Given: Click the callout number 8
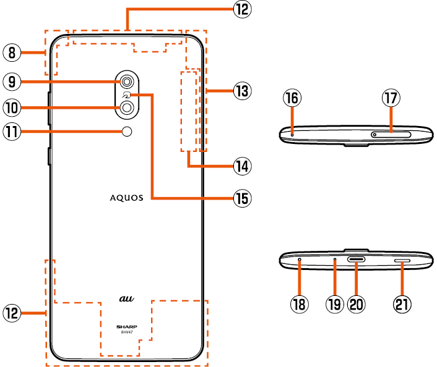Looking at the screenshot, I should (x=11, y=52).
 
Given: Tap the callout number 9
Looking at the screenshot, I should (x=11, y=80).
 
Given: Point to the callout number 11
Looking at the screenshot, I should (x=11, y=131).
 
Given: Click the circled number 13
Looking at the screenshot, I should (x=241, y=91).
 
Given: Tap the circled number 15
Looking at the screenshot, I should (x=241, y=198).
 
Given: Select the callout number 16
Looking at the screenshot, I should (x=292, y=98).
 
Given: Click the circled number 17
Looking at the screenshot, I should (x=391, y=98).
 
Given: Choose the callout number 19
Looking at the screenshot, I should (x=335, y=303).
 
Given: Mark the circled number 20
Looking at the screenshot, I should (x=357, y=303).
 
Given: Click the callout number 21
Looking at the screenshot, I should (x=403, y=303).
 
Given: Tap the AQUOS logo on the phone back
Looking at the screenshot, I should (x=127, y=198).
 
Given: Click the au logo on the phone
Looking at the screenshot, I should (x=127, y=298).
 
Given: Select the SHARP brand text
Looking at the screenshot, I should (x=127, y=326).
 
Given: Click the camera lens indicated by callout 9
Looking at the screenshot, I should (x=127, y=81).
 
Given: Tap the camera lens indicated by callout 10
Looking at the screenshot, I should (x=127, y=108).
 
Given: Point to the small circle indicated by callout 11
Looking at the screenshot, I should (x=128, y=131).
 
